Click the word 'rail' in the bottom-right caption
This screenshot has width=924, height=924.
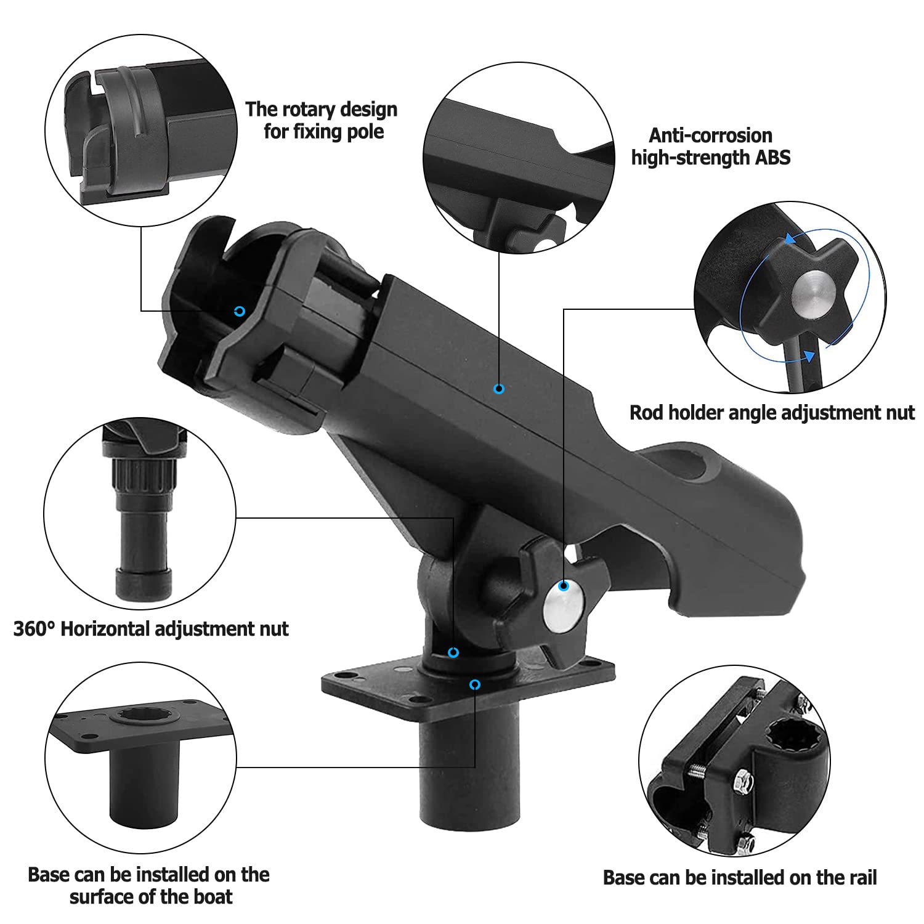pyautogui.click(x=859, y=877)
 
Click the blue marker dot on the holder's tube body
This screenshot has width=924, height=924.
pyautogui.click(x=499, y=389)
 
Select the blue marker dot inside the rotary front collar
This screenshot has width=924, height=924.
pyautogui.click(x=240, y=311)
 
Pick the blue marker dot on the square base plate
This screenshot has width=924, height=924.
pyautogui.click(x=474, y=685)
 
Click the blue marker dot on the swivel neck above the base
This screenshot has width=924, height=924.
pyautogui.click(x=453, y=652)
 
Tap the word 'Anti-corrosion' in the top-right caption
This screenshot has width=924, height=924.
pyautogui.click(x=710, y=136)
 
